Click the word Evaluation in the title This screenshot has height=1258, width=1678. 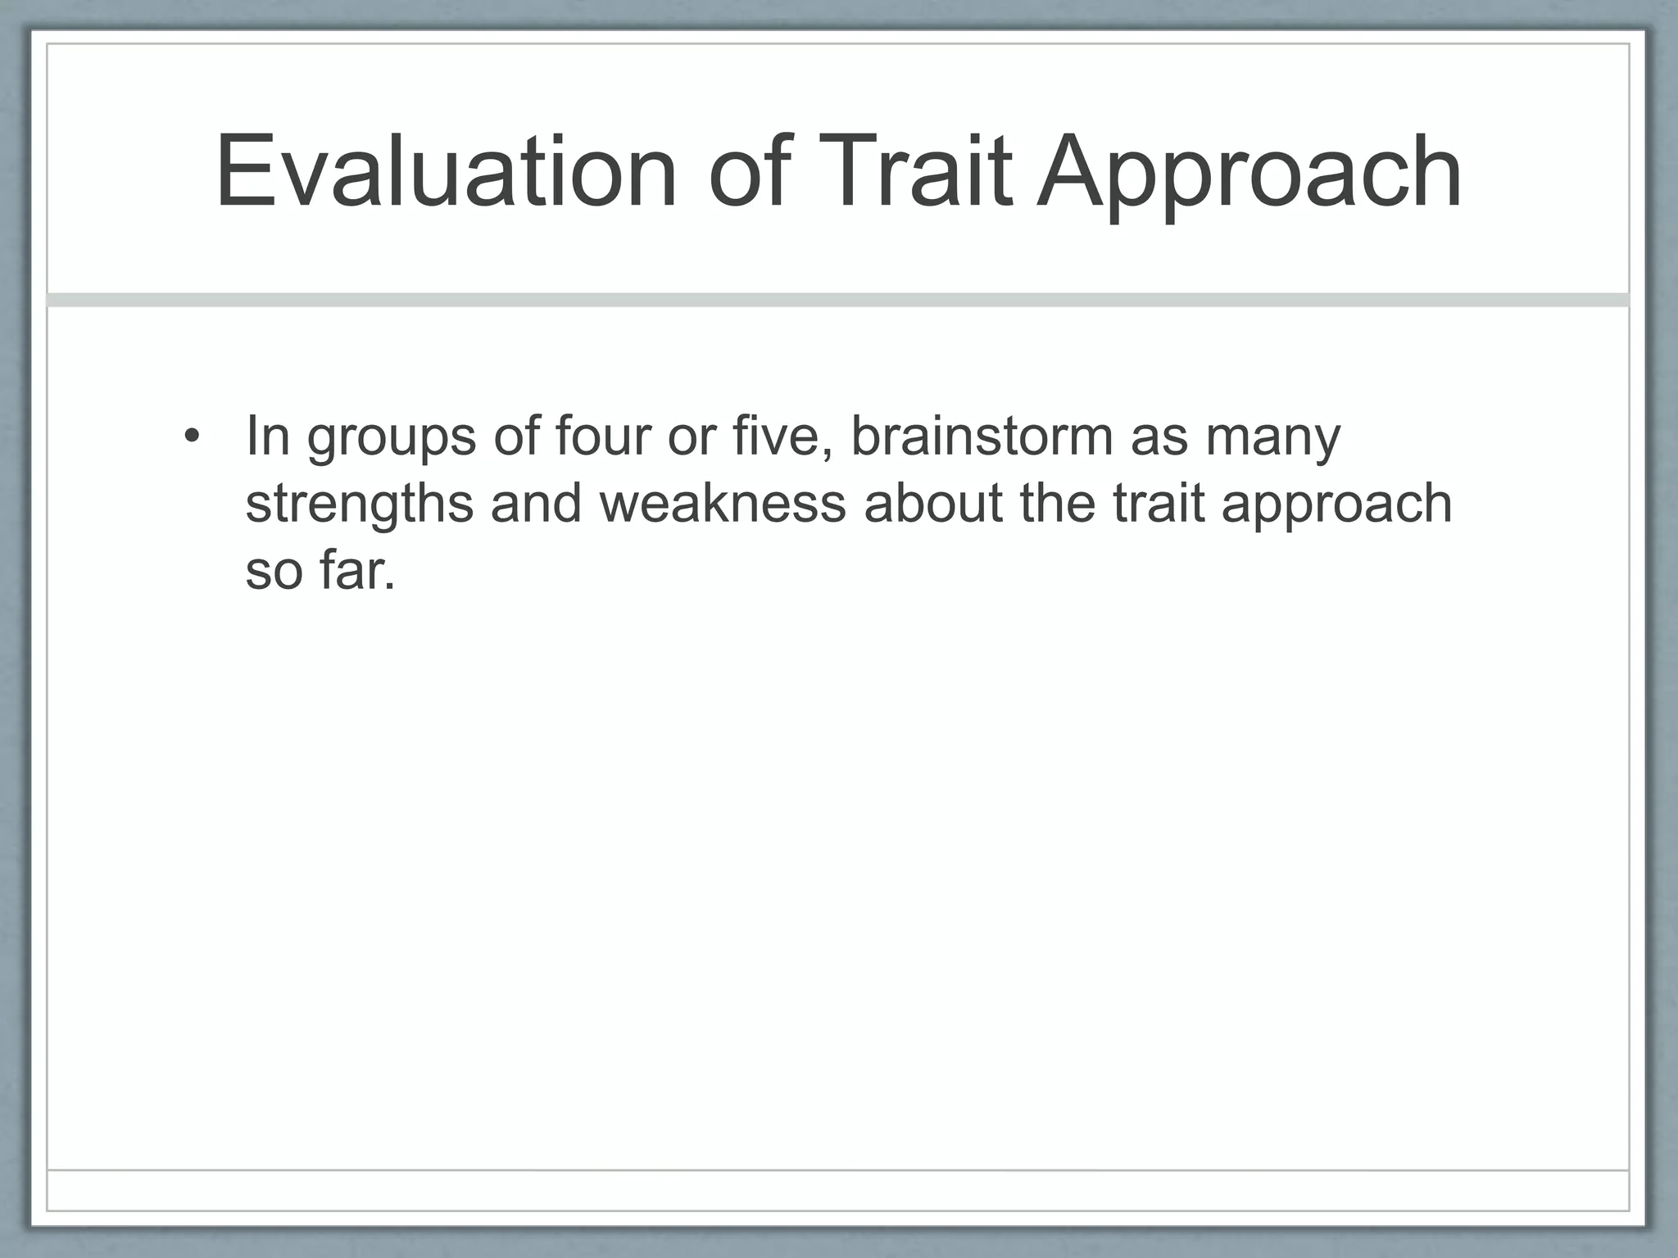click(447, 172)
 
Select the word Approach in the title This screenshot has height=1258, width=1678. click(1249, 176)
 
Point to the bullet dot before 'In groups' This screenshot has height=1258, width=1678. click(191, 436)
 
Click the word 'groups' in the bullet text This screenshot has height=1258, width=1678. click(392, 438)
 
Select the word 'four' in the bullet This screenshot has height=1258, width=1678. click(601, 436)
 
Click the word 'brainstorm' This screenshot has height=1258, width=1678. click(982, 436)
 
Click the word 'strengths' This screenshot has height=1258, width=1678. click(359, 505)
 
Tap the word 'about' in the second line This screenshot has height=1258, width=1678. click(933, 503)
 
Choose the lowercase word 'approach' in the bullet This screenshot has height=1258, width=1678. click(1336, 506)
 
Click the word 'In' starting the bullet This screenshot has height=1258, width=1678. click(268, 436)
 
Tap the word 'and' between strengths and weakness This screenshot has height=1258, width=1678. click(537, 503)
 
